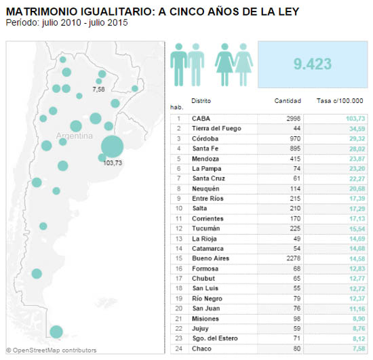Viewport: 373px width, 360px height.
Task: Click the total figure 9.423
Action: click(x=313, y=64)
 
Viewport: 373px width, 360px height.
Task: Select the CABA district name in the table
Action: click(x=201, y=119)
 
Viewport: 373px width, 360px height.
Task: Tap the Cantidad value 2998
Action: click(x=293, y=119)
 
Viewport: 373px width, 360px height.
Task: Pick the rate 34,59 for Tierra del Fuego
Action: click(x=357, y=129)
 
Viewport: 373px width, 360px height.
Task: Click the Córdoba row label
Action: click(x=205, y=138)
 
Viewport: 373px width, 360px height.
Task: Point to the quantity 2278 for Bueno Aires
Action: click(x=293, y=258)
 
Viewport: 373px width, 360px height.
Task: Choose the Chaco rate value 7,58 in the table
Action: click(x=359, y=348)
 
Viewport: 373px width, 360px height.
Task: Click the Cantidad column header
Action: click(x=288, y=101)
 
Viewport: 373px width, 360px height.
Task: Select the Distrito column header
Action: click(x=201, y=101)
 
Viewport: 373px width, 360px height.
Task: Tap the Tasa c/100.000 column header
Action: click(x=340, y=101)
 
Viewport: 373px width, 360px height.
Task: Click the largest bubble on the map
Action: click(x=112, y=146)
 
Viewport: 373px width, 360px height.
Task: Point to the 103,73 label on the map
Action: click(x=113, y=163)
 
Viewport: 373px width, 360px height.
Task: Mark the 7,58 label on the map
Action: click(x=99, y=89)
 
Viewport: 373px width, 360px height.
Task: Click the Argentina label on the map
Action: click(x=74, y=136)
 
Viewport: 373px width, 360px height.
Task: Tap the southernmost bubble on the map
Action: click(x=56, y=332)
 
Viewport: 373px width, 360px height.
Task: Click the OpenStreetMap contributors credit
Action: click(x=52, y=351)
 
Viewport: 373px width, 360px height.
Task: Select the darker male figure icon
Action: click(x=178, y=64)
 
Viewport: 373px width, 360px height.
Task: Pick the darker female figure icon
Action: click(x=224, y=64)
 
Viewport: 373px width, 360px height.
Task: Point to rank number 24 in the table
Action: click(x=178, y=348)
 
